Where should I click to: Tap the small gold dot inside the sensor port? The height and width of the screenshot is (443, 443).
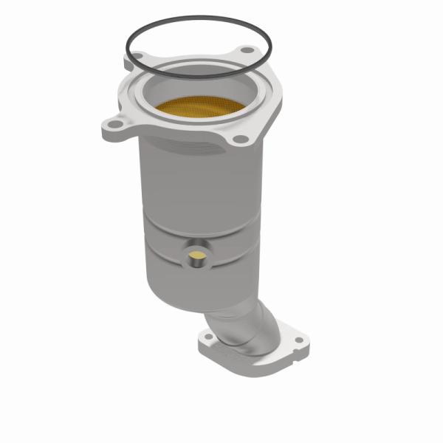pos(197,256)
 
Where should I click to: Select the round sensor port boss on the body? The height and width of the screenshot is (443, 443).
pos(197,255)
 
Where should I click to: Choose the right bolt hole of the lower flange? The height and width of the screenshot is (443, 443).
pos(297,340)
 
